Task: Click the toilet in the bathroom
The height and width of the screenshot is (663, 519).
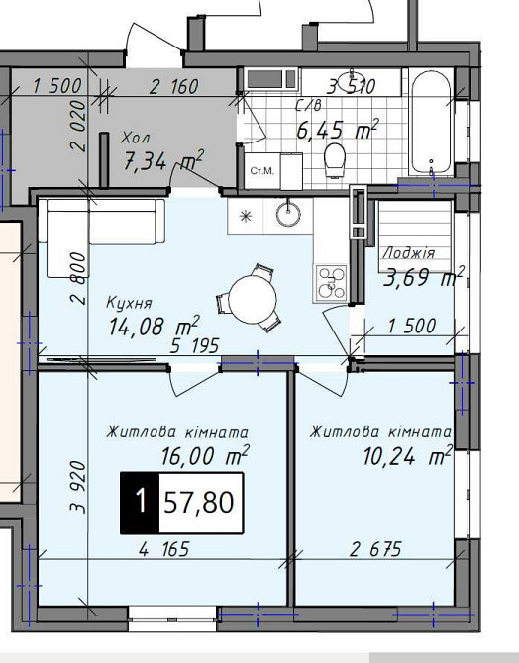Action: (x=335, y=160)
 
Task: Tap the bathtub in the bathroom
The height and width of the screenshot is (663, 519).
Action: (x=432, y=122)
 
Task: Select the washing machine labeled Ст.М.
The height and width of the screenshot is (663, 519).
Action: (x=262, y=171)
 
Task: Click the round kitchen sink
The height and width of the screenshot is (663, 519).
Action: (x=288, y=213)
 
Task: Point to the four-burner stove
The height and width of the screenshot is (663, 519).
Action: (x=330, y=283)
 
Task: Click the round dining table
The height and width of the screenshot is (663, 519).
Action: (x=253, y=300)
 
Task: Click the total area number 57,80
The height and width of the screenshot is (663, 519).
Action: (x=199, y=503)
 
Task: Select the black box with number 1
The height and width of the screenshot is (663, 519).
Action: (x=140, y=503)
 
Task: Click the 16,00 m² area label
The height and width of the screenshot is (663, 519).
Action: (x=205, y=455)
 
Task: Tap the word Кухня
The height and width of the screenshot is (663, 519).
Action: (x=129, y=303)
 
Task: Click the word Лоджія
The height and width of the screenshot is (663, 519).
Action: (x=409, y=253)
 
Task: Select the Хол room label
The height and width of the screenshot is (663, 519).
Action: (x=136, y=138)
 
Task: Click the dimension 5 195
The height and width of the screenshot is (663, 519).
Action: (x=195, y=346)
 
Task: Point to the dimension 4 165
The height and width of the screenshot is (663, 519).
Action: (x=164, y=549)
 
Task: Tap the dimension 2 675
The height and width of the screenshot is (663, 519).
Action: (x=376, y=549)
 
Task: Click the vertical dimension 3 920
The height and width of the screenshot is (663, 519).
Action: (x=78, y=487)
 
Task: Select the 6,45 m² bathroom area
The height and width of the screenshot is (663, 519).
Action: (x=338, y=129)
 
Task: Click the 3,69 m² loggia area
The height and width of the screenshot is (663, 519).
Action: (x=423, y=277)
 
